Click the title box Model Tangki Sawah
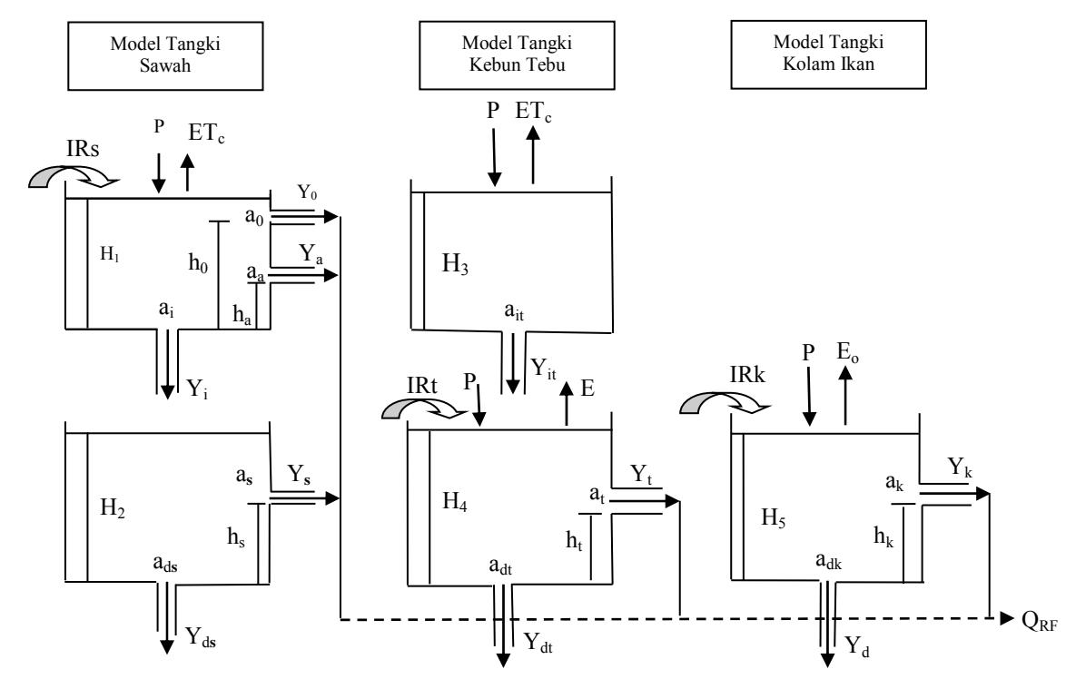click(165, 55)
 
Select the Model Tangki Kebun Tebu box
click(517, 54)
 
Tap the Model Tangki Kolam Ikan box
click(828, 54)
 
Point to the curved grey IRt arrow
click(424, 408)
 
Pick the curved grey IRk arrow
click(724, 403)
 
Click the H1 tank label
click(111, 254)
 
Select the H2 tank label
click(113, 508)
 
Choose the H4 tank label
click(455, 501)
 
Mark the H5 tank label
click(774, 517)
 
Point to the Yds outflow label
click(201, 637)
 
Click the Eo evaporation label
click(847, 352)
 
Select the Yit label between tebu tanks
click(544, 369)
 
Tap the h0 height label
click(198, 262)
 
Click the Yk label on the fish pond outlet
click(960, 467)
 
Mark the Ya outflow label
click(311, 254)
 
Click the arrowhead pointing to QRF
click(1007, 619)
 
